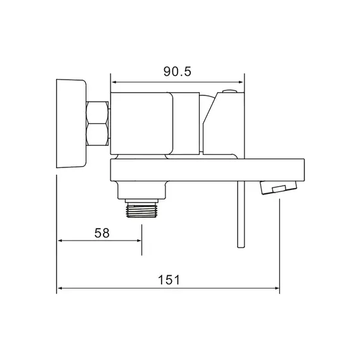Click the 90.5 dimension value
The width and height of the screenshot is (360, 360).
177,71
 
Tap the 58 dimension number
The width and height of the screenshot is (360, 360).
102,233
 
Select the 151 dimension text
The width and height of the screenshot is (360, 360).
169,280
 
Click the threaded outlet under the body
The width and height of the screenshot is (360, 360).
141,211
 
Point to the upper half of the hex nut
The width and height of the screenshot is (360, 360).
97,112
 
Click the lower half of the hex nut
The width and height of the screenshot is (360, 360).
97,135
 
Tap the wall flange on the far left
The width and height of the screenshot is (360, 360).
71,124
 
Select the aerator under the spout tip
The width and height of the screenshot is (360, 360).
279,188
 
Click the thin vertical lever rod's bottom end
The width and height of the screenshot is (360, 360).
241,248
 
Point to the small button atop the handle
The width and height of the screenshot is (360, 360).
229,91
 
